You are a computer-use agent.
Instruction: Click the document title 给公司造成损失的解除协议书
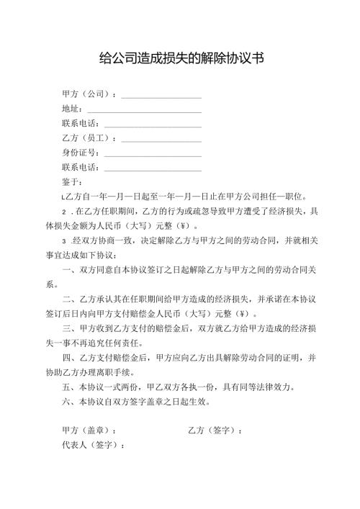(180, 58)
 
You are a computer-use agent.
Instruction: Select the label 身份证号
(81, 152)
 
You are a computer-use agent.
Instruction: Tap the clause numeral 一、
(71, 270)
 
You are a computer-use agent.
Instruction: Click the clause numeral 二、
(71, 299)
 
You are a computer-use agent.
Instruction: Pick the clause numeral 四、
(71, 358)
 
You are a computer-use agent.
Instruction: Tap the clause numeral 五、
(71, 387)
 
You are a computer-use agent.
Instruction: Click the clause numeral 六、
(71, 401)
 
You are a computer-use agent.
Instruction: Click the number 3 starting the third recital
(65, 240)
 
